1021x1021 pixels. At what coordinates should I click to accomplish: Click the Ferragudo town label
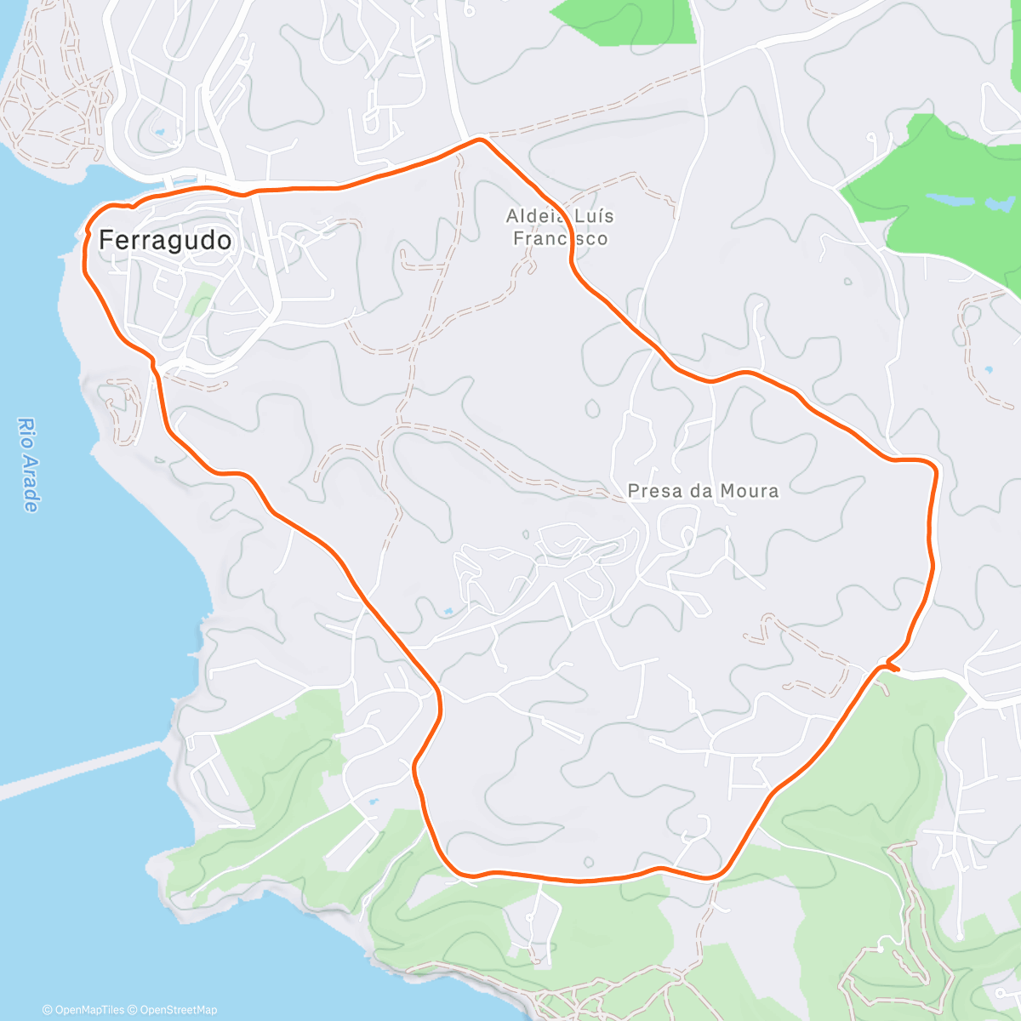(x=165, y=240)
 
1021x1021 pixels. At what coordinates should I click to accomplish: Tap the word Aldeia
(x=531, y=216)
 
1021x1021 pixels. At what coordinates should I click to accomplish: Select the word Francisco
(x=560, y=238)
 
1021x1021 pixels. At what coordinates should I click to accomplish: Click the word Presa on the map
(x=653, y=490)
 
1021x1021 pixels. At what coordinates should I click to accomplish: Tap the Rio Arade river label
(x=29, y=465)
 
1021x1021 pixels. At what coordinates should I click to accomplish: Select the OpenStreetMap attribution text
(x=176, y=1010)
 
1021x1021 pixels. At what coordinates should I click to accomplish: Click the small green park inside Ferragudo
(x=201, y=299)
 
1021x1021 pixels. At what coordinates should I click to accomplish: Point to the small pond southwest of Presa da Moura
(x=448, y=611)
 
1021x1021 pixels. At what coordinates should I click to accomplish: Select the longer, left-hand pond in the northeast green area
(x=950, y=200)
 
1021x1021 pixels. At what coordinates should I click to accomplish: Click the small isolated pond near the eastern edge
(x=988, y=370)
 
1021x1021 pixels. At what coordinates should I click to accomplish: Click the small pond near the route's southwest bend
(x=372, y=801)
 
